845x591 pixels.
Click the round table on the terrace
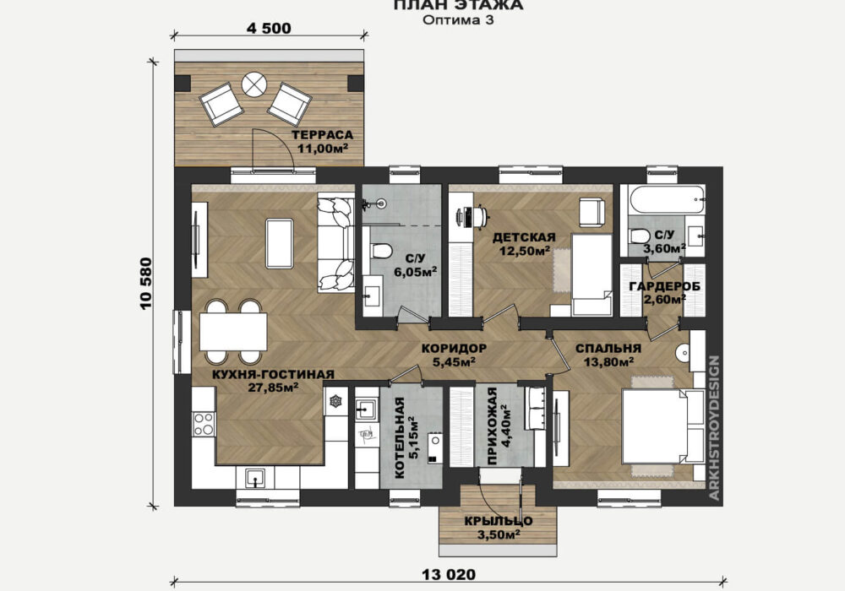tap(254, 84)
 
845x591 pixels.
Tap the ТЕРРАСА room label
tap(322, 135)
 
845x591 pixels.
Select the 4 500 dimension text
tap(269, 28)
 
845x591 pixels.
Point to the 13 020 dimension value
tap(448, 575)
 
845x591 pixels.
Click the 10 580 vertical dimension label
tap(146, 283)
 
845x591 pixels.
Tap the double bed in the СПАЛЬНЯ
tap(663, 426)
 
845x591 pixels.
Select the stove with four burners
tap(204, 423)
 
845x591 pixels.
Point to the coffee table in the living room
tap(279, 243)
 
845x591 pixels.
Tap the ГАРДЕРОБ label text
tap(665, 286)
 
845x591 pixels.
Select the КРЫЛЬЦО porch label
tap(499, 521)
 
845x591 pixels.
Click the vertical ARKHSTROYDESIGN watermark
tap(714, 428)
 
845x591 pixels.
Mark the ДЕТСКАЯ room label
tap(524, 237)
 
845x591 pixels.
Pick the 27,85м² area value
tap(274, 387)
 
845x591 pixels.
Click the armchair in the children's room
tap(592, 212)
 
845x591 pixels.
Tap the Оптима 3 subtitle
tap(458, 20)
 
